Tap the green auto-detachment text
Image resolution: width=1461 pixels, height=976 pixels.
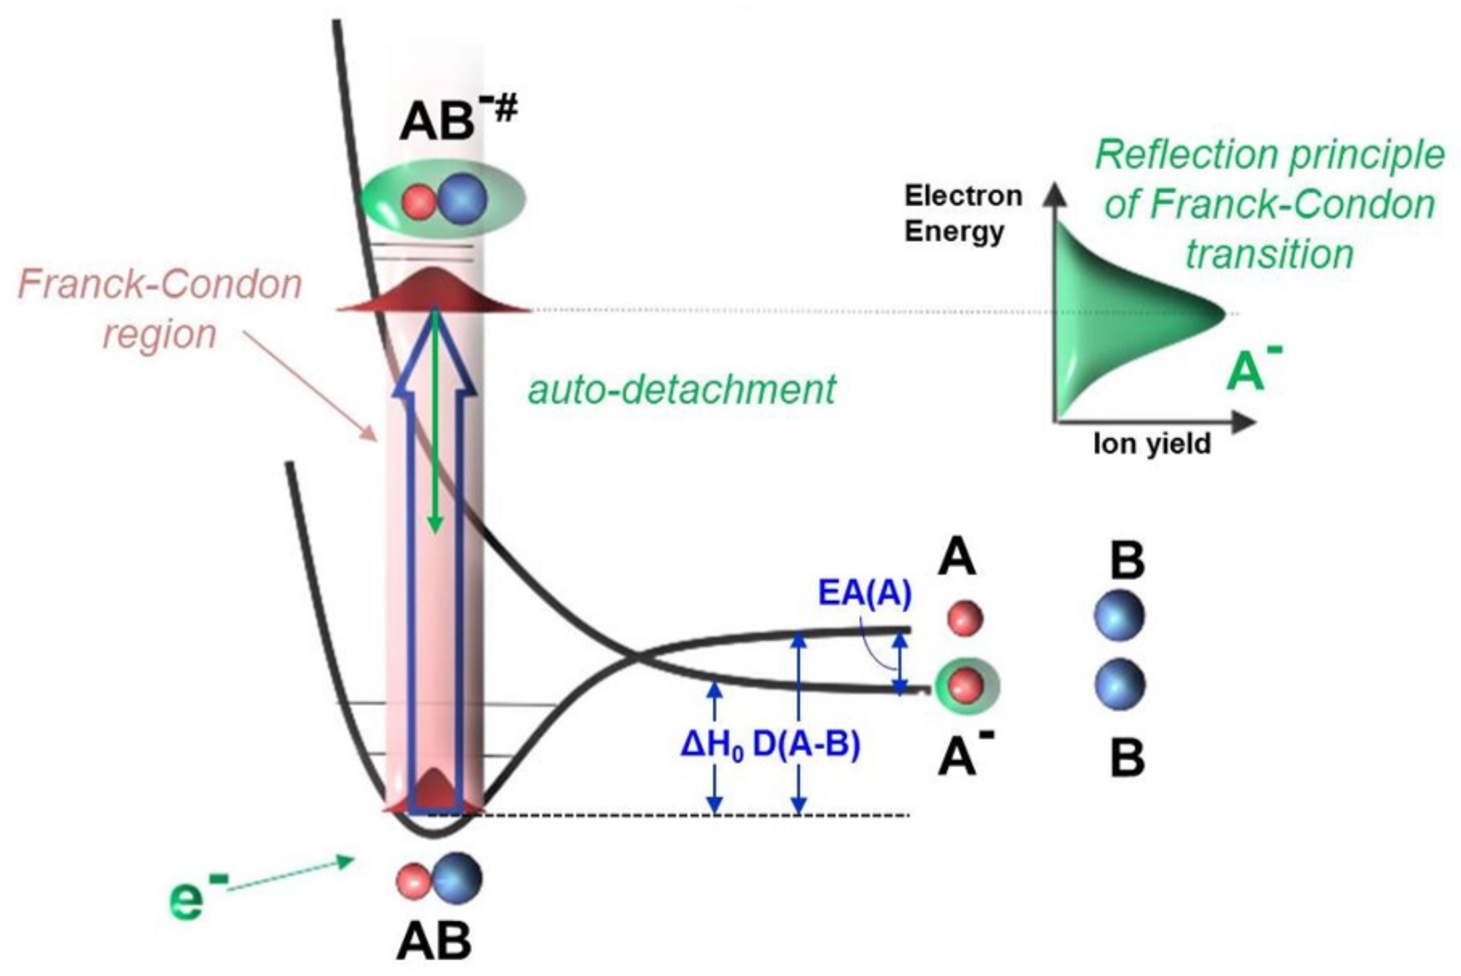point(682,390)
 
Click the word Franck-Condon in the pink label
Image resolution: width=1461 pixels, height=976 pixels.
point(160,284)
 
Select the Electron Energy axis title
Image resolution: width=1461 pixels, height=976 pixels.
point(963,213)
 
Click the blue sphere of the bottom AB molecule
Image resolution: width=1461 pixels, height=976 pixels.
point(458,878)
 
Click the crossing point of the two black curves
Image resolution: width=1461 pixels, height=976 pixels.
point(636,655)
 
